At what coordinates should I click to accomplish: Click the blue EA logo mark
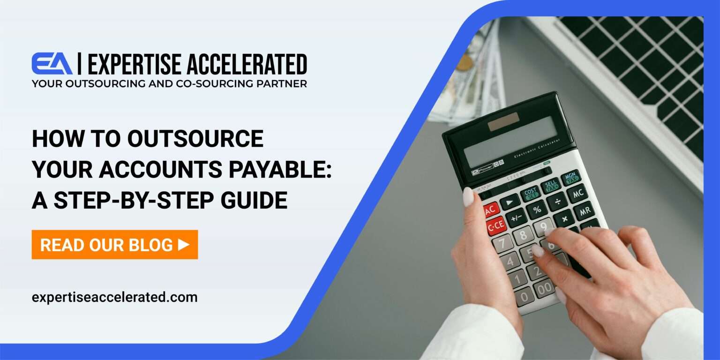(52, 64)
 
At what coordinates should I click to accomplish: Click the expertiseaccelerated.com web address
(114, 297)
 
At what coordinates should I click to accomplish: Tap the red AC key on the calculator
(491, 210)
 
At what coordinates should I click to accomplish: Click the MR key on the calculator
(584, 211)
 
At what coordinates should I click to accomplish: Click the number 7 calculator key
(502, 244)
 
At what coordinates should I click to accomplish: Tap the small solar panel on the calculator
(503, 121)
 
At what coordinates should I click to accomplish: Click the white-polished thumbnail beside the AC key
(468, 196)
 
